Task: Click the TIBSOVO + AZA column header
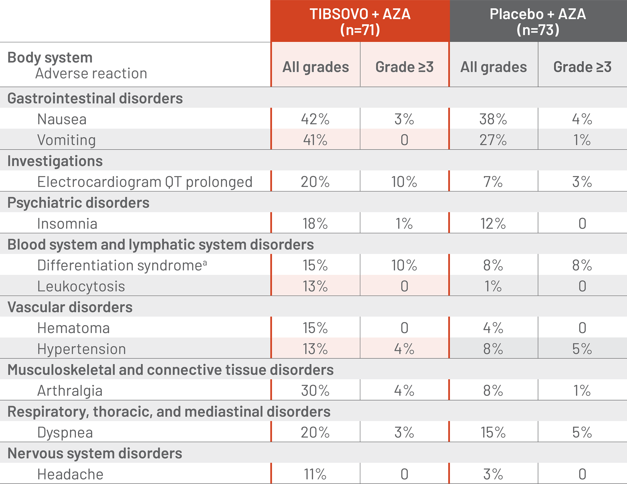pos(360,22)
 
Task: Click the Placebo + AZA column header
pos(538,22)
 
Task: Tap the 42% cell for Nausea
pos(315,119)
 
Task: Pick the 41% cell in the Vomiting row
pos(315,140)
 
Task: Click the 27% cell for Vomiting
pos(493,140)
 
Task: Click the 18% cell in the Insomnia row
pos(315,224)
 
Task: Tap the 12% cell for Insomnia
pos(493,224)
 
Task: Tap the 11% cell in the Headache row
pos(315,474)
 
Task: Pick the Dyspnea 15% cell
pos(493,432)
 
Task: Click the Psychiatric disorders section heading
pos(78,203)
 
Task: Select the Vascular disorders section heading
pos(70,307)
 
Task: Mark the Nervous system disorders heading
pos(95,453)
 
